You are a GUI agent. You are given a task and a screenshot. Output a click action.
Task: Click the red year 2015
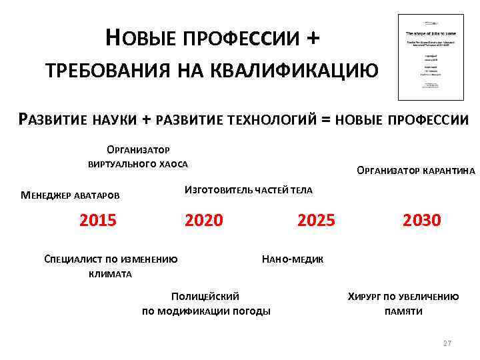point(98,219)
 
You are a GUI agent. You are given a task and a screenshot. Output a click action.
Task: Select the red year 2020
point(204,219)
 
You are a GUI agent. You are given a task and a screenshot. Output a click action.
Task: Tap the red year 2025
point(316,219)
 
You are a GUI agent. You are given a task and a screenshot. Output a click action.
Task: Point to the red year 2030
point(422,219)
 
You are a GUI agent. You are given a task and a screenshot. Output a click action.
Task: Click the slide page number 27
point(447,343)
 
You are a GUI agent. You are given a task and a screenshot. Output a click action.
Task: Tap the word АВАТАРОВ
point(97,195)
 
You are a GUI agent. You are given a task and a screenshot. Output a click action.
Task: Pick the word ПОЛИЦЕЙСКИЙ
point(205,297)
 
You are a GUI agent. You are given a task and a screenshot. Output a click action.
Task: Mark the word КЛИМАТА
point(110,274)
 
